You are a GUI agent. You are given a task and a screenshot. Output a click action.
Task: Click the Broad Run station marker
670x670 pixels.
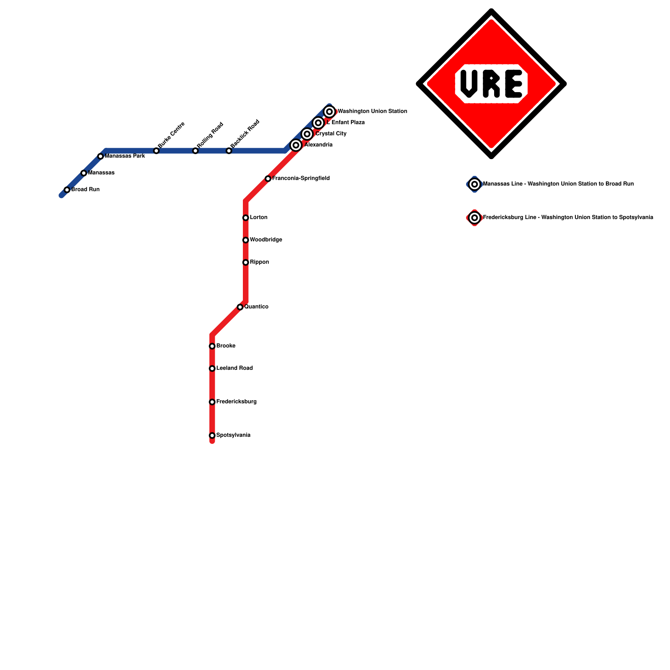point(67,190)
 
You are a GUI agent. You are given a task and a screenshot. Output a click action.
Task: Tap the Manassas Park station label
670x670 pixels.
point(124,156)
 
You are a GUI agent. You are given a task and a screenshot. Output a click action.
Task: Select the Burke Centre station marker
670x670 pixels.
point(156,151)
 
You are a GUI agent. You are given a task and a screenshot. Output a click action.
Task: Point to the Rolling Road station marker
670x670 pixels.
point(195,151)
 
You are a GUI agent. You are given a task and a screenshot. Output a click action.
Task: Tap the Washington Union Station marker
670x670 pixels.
point(330,112)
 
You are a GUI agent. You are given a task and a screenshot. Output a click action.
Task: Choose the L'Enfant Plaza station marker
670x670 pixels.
point(318,123)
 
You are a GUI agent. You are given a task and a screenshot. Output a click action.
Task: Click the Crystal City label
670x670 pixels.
point(331,134)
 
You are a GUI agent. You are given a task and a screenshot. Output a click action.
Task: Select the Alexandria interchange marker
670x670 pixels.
point(296,145)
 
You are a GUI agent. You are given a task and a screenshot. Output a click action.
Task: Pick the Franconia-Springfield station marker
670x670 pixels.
point(268,179)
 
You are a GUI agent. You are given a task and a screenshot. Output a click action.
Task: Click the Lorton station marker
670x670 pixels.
point(246,218)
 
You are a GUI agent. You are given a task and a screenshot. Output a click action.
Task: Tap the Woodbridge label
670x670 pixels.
point(266,240)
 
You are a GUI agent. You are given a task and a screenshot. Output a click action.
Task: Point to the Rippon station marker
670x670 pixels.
point(246,263)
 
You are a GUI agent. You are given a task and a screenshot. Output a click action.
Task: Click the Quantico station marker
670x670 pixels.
point(240,307)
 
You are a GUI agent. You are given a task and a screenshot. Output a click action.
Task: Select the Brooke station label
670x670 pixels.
point(226,346)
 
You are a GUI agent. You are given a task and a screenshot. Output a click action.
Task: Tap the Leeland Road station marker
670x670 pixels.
point(212,368)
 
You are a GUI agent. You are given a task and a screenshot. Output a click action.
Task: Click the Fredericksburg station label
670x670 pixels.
point(236,402)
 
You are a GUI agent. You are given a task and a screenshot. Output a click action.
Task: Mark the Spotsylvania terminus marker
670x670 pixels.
point(212,435)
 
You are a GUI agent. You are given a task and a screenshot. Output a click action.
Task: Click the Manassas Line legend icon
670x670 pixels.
point(474,184)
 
